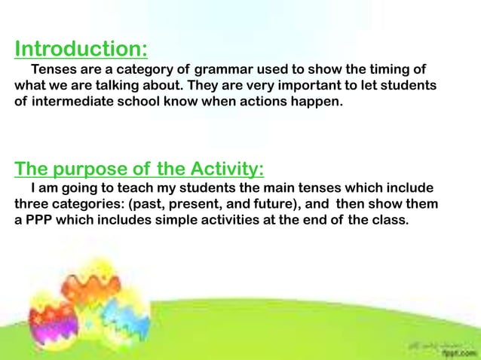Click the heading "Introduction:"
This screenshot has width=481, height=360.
click(x=81, y=50)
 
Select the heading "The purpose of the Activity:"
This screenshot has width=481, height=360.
click(x=139, y=167)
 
